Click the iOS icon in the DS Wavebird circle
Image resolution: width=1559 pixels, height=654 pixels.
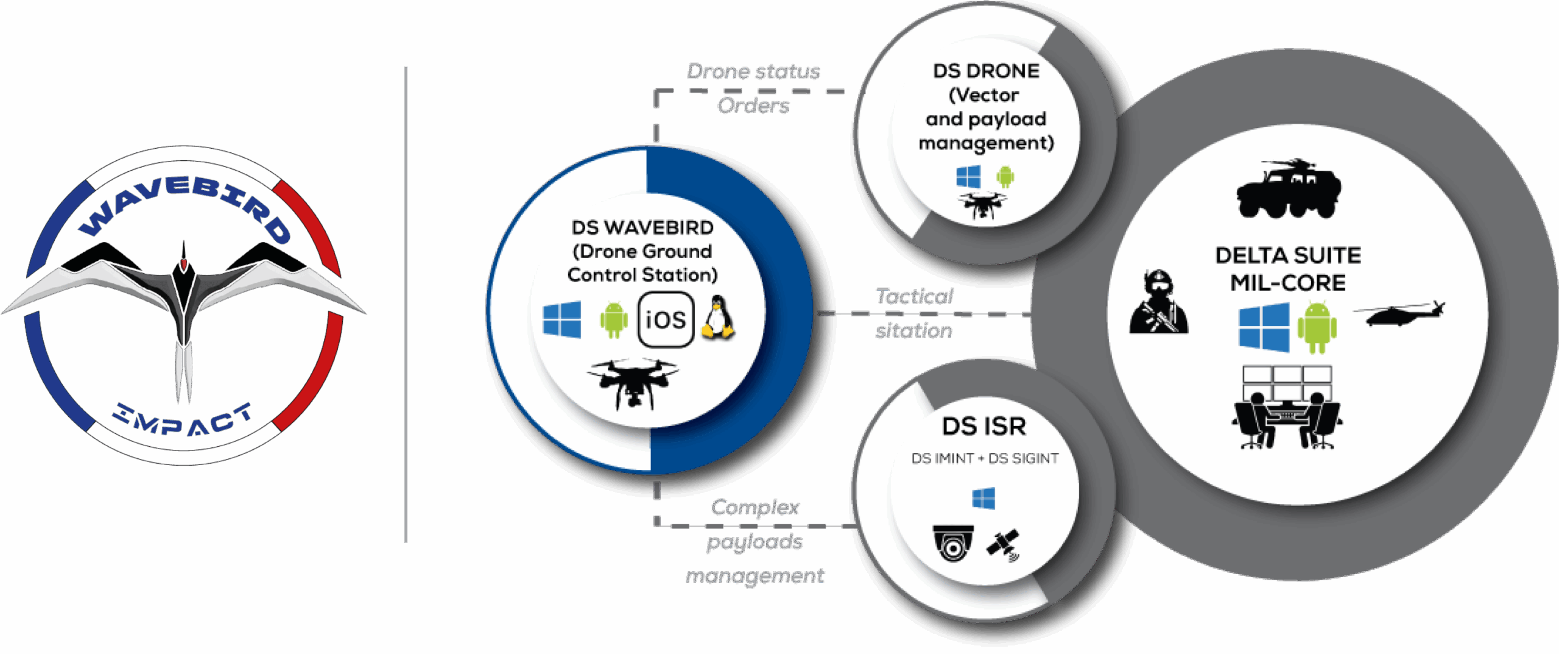[666, 319]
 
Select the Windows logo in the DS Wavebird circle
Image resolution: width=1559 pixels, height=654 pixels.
[561, 319]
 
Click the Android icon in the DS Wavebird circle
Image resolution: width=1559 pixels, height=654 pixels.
[614, 319]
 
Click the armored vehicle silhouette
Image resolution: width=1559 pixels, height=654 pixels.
[1289, 189]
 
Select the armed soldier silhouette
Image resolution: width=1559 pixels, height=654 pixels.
[1158, 302]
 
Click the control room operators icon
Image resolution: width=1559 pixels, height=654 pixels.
[1287, 407]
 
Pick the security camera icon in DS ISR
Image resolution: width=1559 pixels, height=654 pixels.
[953, 542]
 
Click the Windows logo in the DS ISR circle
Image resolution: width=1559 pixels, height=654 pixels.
[984, 498]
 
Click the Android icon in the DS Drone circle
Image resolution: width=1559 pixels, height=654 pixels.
[1005, 177]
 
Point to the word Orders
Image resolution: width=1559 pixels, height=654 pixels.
[753, 105]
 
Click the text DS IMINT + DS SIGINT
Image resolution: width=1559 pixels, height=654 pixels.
[985, 458]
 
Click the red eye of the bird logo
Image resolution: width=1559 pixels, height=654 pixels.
[183, 263]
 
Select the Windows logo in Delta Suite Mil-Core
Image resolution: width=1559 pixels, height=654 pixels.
[1264, 327]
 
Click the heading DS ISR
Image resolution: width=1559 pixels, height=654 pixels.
[984, 426]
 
